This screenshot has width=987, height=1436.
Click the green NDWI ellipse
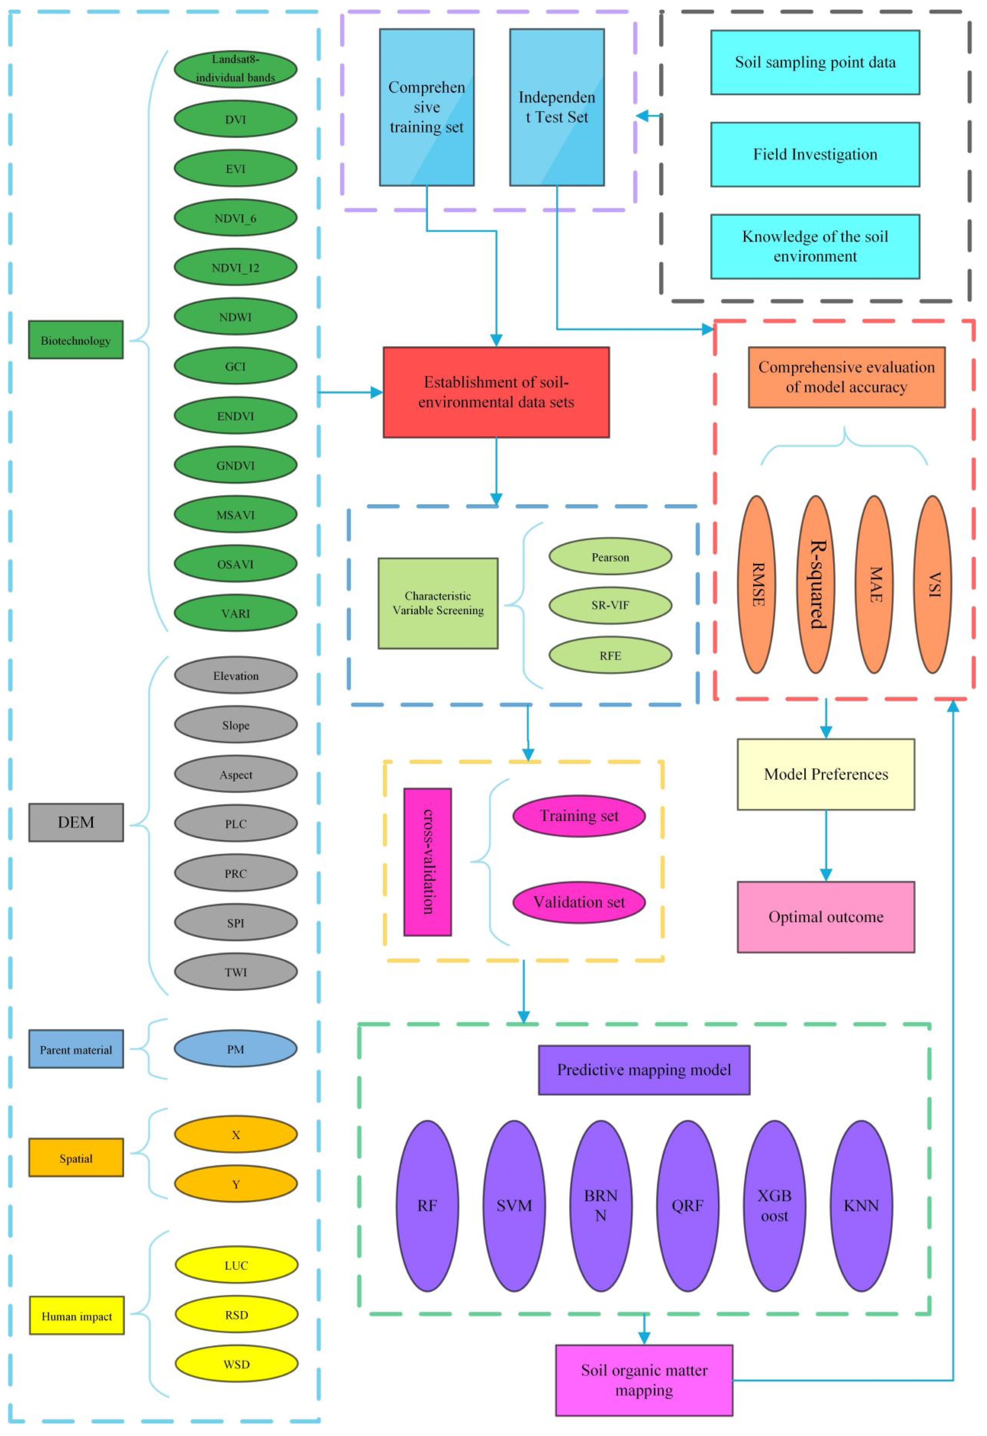236,317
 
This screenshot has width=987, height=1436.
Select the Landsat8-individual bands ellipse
236,68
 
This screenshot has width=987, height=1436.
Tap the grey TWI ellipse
236,972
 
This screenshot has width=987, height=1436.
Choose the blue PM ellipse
236,1049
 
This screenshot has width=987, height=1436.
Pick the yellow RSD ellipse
236,1315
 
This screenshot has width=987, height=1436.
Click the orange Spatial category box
76,1158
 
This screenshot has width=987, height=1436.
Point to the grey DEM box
76,822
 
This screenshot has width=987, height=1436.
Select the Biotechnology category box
76,340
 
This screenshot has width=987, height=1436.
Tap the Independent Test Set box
556,107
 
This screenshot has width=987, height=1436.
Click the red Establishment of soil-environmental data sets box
496,392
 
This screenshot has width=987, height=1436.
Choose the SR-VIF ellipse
610,605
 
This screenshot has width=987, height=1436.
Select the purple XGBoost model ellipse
774,1206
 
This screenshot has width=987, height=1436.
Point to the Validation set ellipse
579,902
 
